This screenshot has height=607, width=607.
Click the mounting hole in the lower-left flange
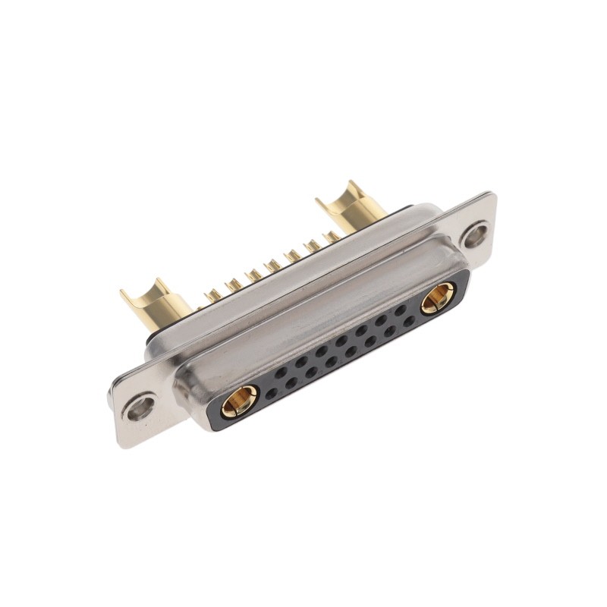pyautogui.click(x=140, y=408)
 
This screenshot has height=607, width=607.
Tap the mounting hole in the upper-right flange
pyautogui.click(x=476, y=234)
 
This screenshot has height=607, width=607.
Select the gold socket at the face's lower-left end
pyautogui.click(x=239, y=400)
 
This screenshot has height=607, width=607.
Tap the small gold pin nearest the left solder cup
pyautogui.click(x=213, y=294)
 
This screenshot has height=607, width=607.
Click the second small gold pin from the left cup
pyautogui.click(x=233, y=285)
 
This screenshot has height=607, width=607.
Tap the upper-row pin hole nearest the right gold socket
pyautogui.click(x=399, y=310)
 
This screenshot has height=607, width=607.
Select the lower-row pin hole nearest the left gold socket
pyautogui.click(x=271, y=394)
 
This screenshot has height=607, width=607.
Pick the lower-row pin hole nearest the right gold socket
pyautogui.click(x=409, y=321)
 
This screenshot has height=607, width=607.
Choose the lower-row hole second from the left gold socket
pyautogui.click(x=291, y=384)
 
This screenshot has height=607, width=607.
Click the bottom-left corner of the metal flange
pyautogui.click(x=120, y=443)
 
